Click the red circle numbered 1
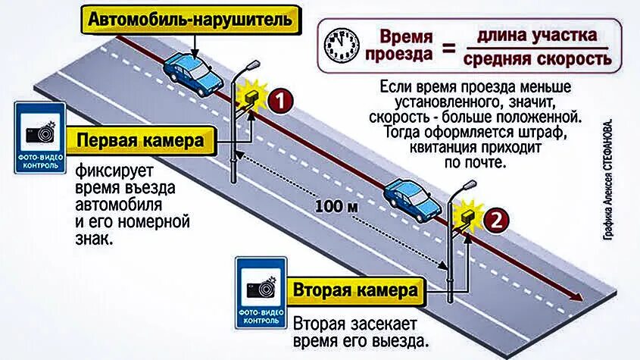click(x=279, y=101)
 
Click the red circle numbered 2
click(x=492, y=221)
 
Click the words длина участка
click(x=537, y=35)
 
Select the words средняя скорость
click(x=537, y=59)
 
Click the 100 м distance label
click(x=327, y=206)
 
